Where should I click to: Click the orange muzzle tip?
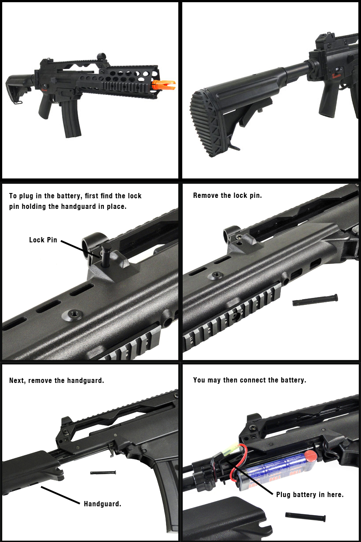click(x=163, y=85)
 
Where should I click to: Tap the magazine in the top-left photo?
click(x=70, y=119)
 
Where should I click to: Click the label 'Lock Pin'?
click(x=43, y=240)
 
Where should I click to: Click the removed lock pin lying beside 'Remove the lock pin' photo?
click(x=315, y=300)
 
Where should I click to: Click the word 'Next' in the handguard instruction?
click(x=18, y=381)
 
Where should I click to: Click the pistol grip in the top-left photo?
click(x=45, y=107)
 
